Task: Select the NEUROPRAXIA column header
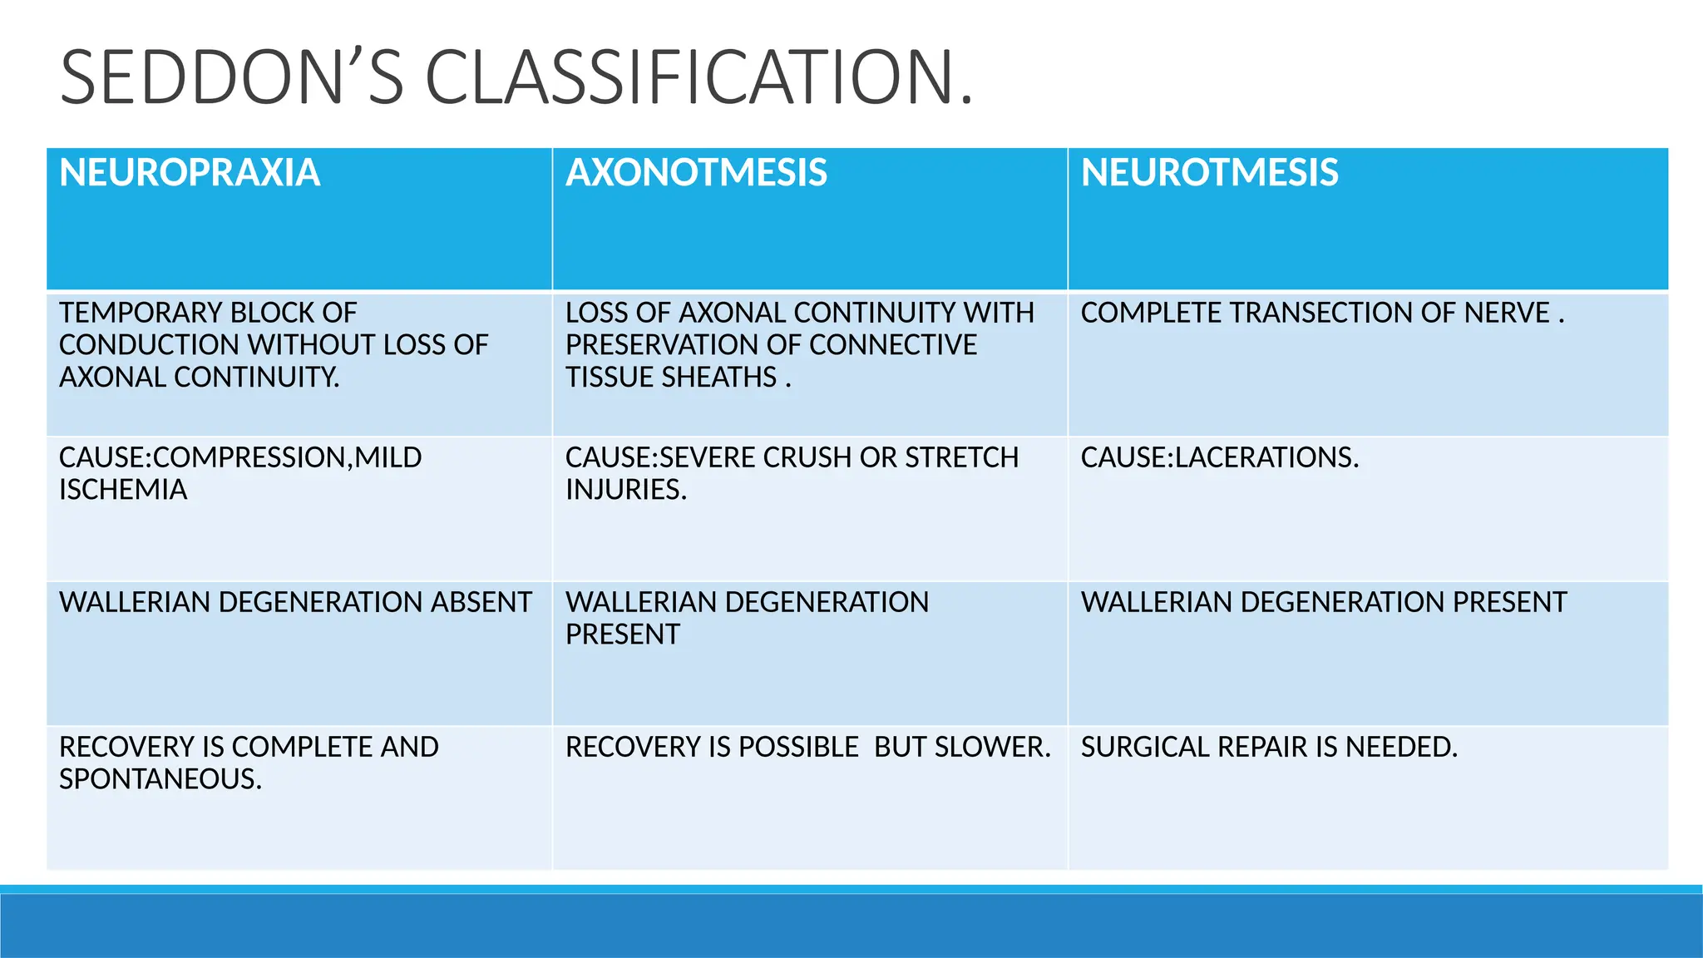click(190, 173)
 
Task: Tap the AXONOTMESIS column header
click(696, 173)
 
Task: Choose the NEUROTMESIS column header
click(1209, 173)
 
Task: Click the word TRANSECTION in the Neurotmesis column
click(1323, 313)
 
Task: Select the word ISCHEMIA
click(123, 490)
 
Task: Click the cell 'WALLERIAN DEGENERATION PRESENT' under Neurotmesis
click(1323, 602)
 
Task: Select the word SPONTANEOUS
click(160, 779)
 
